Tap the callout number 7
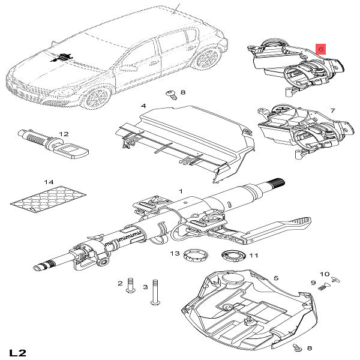pos(333,112)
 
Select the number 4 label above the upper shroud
pos(143,106)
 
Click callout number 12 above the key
pos(64,134)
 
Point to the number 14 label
pos(49,182)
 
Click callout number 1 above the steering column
pos(179,191)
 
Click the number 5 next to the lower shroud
pos(276,278)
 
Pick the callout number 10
pos(325,274)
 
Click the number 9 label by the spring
pos(313,283)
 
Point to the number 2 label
pos(121,283)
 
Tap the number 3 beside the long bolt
pos(145,287)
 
